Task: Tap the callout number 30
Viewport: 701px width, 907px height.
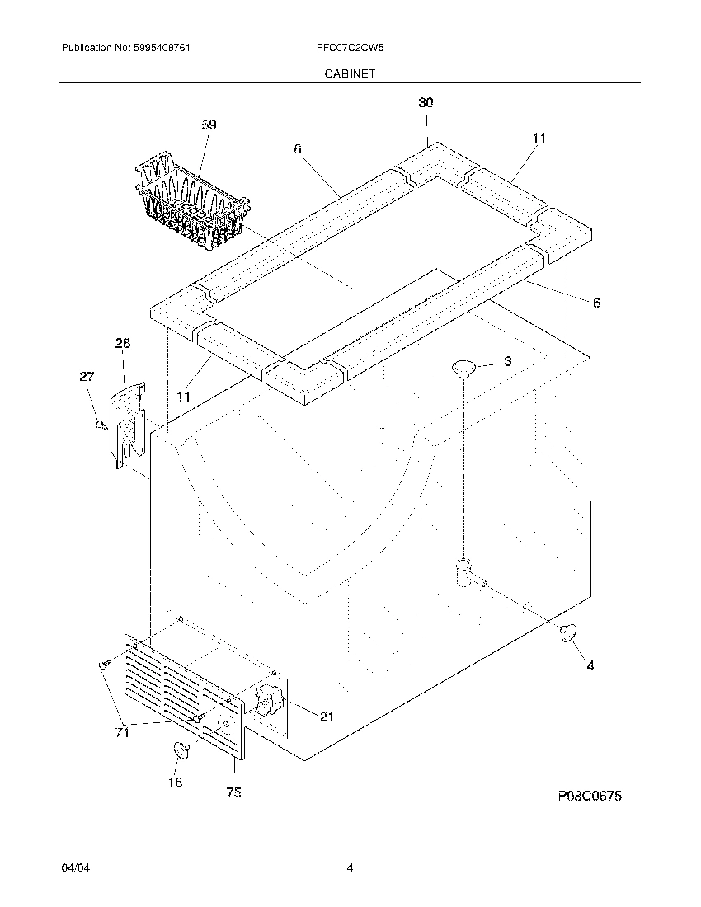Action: click(x=426, y=103)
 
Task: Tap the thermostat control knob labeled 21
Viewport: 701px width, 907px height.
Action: click(x=268, y=703)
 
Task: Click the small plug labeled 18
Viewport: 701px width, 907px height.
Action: click(x=181, y=750)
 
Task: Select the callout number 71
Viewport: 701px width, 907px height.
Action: click(x=122, y=732)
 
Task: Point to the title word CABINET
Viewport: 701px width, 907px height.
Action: click(x=350, y=73)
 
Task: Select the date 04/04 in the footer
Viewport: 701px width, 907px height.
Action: click(x=73, y=868)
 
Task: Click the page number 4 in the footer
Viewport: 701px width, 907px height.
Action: click(x=350, y=868)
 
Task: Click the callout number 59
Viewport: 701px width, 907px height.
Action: click(x=209, y=125)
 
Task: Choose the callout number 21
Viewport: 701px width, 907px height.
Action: click(x=327, y=717)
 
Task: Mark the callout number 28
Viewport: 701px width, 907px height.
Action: click(x=123, y=343)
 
